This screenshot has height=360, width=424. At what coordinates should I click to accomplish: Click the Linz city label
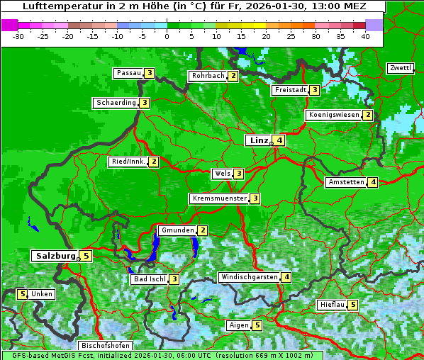tap(258, 140)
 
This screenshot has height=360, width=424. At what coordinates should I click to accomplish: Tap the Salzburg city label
tap(54, 256)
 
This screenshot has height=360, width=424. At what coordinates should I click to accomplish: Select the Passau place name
tap(129, 73)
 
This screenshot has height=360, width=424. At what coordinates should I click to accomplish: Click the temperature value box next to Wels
tap(239, 174)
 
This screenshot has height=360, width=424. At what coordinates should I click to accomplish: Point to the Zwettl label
tap(400, 68)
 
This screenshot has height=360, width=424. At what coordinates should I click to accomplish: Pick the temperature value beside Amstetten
tap(373, 182)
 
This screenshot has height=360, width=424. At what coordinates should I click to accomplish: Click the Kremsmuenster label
tap(219, 198)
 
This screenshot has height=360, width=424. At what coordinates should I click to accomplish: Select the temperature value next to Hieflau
tap(353, 305)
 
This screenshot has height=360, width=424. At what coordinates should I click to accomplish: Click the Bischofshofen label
tap(105, 346)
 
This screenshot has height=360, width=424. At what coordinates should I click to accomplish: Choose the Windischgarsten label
tap(249, 277)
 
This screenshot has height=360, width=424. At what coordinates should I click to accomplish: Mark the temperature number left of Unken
tap(22, 294)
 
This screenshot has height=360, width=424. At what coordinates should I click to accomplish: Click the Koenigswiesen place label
tap(334, 115)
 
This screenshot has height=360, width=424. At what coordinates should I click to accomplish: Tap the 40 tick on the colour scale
tap(365, 36)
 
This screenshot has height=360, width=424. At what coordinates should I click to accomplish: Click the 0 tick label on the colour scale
tap(167, 36)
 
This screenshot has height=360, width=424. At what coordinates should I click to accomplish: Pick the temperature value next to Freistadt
tap(314, 90)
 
